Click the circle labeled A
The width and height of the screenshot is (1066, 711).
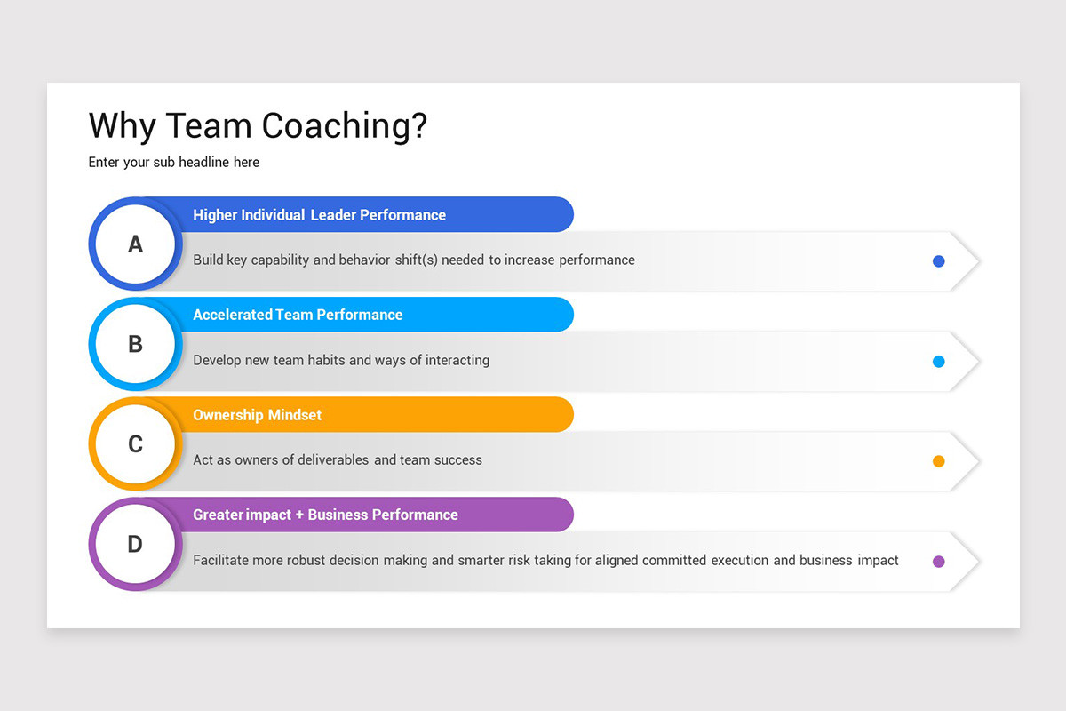tap(135, 244)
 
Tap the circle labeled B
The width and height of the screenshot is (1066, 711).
tap(135, 344)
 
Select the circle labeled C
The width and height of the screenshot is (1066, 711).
tap(135, 444)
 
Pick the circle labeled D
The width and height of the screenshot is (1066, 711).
tap(135, 544)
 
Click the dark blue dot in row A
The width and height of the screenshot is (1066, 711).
tap(938, 261)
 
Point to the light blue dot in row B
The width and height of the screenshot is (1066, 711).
tap(938, 362)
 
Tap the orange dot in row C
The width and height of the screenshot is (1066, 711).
tap(938, 461)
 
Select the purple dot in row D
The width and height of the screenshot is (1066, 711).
tap(938, 562)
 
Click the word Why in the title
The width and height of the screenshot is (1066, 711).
tap(123, 126)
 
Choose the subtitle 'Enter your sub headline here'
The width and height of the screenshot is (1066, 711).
tap(174, 163)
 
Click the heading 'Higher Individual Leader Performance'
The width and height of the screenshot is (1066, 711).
tap(319, 215)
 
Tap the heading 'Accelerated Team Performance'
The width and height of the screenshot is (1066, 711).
tap(298, 315)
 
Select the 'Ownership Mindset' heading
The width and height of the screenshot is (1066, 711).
tap(258, 415)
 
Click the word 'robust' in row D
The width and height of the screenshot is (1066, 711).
tap(309, 561)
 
